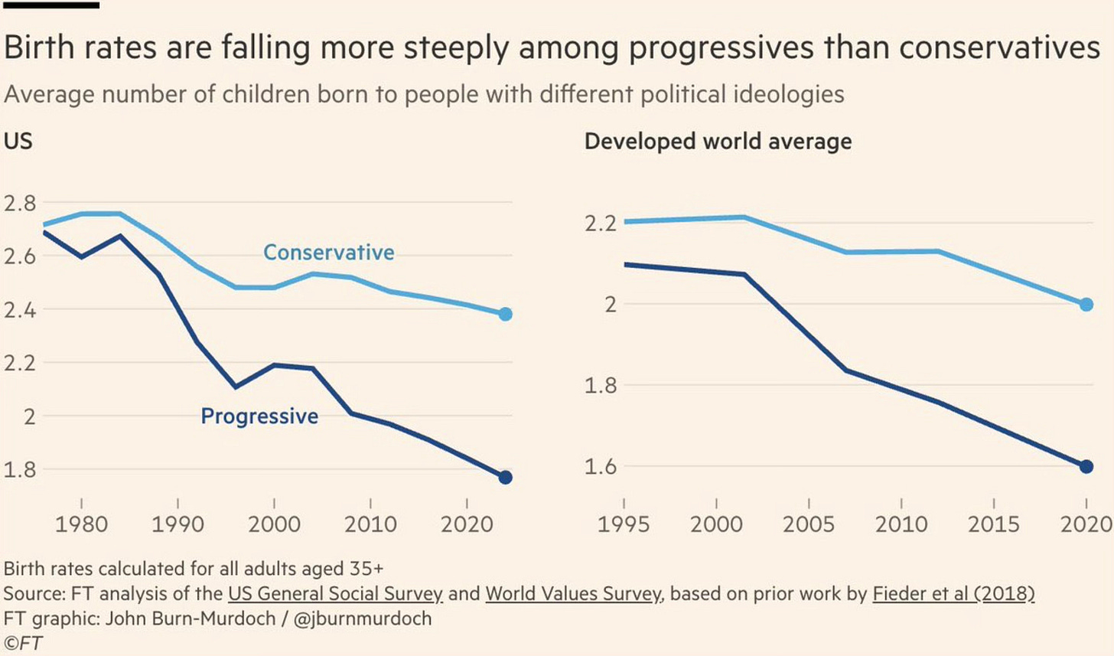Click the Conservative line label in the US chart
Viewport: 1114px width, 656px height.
coord(329,253)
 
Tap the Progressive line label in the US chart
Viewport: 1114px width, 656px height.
coord(259,416)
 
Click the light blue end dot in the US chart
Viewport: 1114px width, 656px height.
coord(505,314)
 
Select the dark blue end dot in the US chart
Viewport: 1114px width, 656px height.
coord(505,478)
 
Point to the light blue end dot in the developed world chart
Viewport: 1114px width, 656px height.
coord(1086,305)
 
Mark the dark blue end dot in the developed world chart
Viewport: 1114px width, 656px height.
coord(1086,466)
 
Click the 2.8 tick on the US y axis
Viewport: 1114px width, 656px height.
coord(20,204)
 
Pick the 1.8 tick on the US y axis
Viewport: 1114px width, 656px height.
coord(20,469)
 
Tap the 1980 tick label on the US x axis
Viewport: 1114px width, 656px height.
coord(82,524)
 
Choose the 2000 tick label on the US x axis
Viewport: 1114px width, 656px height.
coord(275,524)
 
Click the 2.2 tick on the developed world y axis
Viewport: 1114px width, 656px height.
coord(601,224)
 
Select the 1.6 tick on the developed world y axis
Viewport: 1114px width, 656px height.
coord(601,466)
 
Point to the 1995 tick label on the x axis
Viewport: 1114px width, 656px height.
coord(624,524)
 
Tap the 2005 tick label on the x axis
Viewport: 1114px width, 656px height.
coord(809,524)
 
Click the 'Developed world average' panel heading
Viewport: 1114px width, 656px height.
coord(718,142)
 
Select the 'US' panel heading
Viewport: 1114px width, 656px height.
coord(18,142)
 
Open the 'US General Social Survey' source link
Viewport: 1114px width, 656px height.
coord(335,594)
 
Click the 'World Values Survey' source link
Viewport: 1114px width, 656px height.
coord(573,594)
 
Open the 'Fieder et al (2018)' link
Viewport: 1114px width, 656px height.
coord(953,594)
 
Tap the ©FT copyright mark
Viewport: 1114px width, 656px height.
coord(23,643)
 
